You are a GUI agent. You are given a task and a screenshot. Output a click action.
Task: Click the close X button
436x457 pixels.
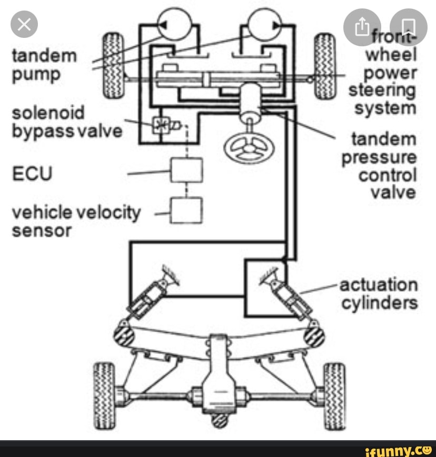coord(25,25)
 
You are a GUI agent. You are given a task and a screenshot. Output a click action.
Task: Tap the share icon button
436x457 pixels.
coord(362,27)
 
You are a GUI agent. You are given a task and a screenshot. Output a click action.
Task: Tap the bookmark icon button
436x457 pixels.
coord(408,27)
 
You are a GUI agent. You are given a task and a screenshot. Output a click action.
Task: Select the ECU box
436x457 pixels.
coord(186,170)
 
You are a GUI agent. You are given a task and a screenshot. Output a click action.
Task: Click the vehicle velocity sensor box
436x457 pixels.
coord(186,210)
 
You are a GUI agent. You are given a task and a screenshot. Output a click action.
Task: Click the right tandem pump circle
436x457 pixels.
coord(265,24)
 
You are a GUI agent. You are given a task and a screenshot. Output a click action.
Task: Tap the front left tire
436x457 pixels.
coord(113,65)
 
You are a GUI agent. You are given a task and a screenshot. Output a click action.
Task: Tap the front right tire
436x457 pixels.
coord(325,65)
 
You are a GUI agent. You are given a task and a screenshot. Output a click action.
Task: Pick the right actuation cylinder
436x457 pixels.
coord(288,295)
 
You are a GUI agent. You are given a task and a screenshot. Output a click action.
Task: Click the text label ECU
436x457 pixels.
coord(32,173)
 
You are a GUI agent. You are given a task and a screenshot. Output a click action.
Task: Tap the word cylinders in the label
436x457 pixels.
coord(380,304)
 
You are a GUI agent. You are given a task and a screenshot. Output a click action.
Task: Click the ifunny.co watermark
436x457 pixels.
coord(398,449)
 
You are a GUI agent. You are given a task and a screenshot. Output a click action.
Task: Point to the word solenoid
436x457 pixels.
coord(48,113)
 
